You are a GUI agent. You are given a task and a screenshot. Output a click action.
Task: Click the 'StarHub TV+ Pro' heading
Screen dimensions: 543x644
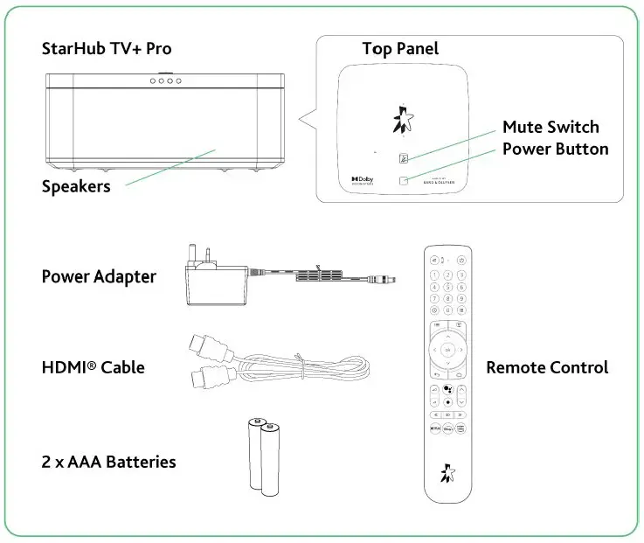[x=106, y=49]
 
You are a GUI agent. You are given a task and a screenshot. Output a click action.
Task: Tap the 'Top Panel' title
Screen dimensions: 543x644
[x=400, y=49]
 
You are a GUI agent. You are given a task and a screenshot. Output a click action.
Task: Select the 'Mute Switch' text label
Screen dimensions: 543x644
[x=551, y=128]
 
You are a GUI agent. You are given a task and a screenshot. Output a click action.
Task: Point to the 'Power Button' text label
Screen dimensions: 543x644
[x=555, y=150]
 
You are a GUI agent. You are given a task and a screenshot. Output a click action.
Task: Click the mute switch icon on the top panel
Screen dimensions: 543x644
[x=404, y=159]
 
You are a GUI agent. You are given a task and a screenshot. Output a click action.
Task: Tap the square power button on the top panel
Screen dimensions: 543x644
[x=404, y=181]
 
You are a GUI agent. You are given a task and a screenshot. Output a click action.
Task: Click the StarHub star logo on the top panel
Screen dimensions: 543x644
[x=402, y=119]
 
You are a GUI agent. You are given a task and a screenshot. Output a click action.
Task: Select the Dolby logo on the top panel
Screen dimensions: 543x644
[x=362, y=179]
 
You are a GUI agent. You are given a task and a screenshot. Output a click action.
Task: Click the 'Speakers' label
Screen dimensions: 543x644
[x=76, y=186]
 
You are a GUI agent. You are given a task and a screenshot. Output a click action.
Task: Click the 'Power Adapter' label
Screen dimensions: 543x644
[x=99, y=277]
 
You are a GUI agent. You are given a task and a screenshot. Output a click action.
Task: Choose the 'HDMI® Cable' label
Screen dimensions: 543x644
[x=93, y=367]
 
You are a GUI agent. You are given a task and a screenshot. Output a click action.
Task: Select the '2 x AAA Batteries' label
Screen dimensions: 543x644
[x=108, y=462]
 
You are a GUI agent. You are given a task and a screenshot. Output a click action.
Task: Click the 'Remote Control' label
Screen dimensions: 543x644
[x=547, y=367]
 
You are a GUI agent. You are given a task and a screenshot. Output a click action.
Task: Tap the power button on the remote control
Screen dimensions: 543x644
[x=461, y=260]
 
